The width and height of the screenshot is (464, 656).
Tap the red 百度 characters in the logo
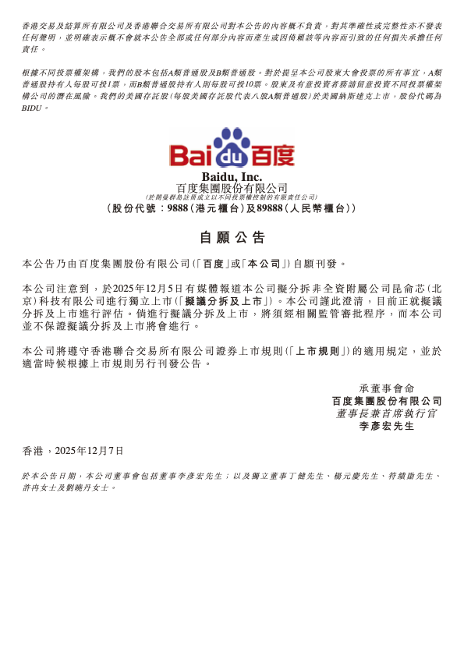[x=272, y=154]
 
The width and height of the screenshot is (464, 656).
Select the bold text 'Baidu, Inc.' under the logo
[x=232, y=177]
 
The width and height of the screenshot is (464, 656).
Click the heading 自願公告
[x=232, y=237]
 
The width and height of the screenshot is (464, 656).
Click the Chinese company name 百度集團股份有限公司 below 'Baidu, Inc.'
[x=232, y=188]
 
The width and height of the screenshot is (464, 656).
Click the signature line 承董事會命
[x=387, y=388]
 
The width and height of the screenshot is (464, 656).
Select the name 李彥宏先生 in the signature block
[x=387, y=426]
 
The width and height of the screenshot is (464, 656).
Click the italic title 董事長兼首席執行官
[x=387, y=413]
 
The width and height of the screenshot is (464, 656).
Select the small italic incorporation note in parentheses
[x=232, y=197]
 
